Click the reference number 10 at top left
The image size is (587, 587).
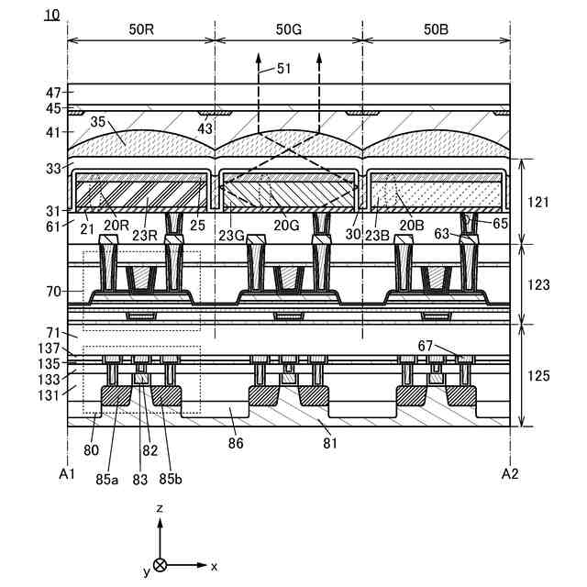pyautogui.click(x=51, y=15)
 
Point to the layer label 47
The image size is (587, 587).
pyautogui.click(x=53, y=93)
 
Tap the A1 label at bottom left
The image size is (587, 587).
pyautogui.click(x=66, y=473)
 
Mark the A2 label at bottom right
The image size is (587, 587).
pyautogui.click(x=511, y=473)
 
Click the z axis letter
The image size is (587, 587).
pyautogui.click(x=160, y=506)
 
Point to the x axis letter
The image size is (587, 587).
pyautogui.click(x=214, y=566)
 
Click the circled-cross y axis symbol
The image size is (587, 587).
pyautogui.click(x=161, y=566)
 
